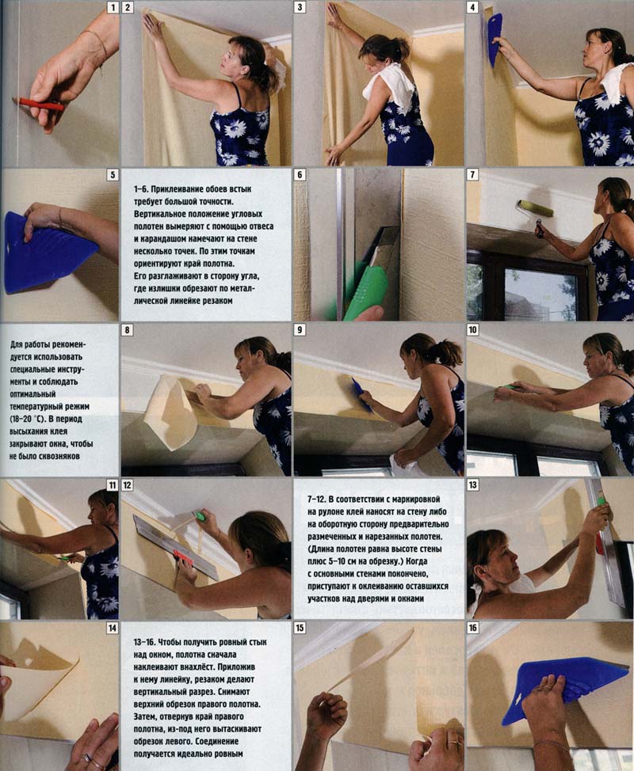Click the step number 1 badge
pyautogui.click(x=113, y=7)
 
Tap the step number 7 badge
pyautogui.click(x=472, y=175)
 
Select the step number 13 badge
pyautogui.click(x=472, y=484)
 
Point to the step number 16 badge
pyautogui.click(x=472, y=628)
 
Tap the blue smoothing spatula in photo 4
pyautogui.click(x=495, y=40)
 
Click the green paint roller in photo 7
pyautogui.click(x=535, y=208)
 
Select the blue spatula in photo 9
pyautogui.click(x=362, y=394)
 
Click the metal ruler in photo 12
pyautogui.click(x=175, y=546)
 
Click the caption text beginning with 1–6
pyautogui.click(x=204, y=245)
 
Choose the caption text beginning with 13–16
pyautogui.click(x=201, y=697)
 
